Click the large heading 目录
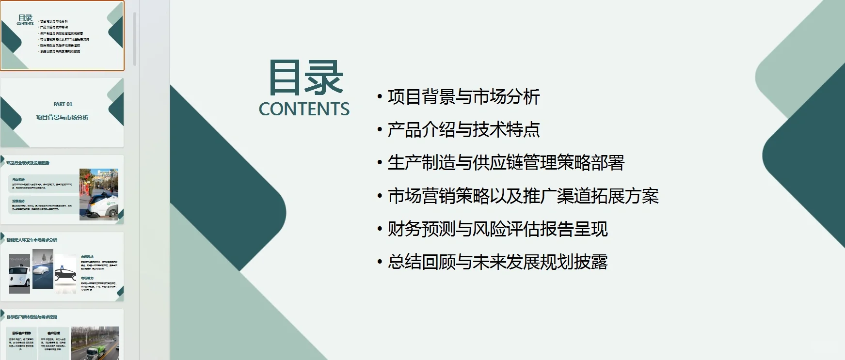click(x=305, y=78)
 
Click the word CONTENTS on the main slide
click(x=304, y=110)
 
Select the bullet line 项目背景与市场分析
click(x=463, y=97)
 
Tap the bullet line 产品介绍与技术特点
click(x=463, y=130)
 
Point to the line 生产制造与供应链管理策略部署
click(x=506, y=163)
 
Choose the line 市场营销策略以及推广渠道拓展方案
click(x=523, y=196)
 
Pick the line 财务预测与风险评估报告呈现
click(x=497, y=229)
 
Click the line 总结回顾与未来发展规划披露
click(x=497, y=262)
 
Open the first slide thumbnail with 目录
click(x=62, y=35)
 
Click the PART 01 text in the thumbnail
click(x=63, y=104)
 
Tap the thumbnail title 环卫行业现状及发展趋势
click(x=28, y=163)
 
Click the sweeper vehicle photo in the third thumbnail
click(x=99, y=195)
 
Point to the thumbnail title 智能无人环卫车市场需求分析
click(x=32, y=240)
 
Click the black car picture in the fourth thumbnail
click(x=66, y=274)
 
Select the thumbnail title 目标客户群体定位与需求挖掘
click(x=32, y=317)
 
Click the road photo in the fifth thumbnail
click(x=95, y=343)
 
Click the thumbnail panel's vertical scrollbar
click(x=135, y=39)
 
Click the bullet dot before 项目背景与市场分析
click(x=380, y=97)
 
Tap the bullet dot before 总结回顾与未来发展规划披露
click(x=380, y=262)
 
